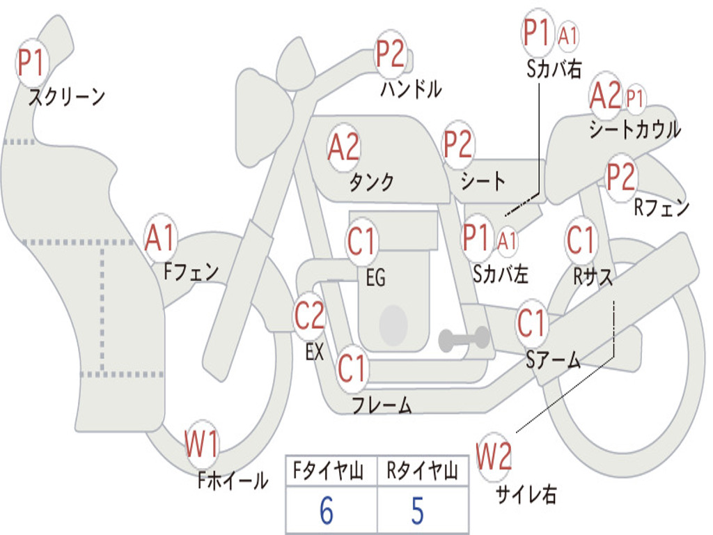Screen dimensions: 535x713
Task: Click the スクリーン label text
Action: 67,98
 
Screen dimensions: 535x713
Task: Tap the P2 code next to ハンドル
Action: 391,54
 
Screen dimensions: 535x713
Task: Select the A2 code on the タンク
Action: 344,147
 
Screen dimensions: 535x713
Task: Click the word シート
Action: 483,182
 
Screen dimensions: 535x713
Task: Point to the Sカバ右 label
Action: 554,68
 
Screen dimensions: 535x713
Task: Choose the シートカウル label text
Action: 634,130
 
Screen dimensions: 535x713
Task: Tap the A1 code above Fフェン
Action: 162,238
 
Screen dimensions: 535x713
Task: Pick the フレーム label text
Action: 382,405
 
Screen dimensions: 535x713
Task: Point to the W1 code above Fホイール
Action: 202,444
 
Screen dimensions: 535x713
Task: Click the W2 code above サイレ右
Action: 494,457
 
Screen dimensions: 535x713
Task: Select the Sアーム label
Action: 553,360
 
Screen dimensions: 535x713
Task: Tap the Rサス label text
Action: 593,277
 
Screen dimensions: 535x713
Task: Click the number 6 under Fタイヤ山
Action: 327,511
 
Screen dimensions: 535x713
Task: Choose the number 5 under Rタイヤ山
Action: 417,511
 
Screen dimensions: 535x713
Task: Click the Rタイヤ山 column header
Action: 422,472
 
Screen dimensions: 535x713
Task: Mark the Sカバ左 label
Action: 501,274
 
